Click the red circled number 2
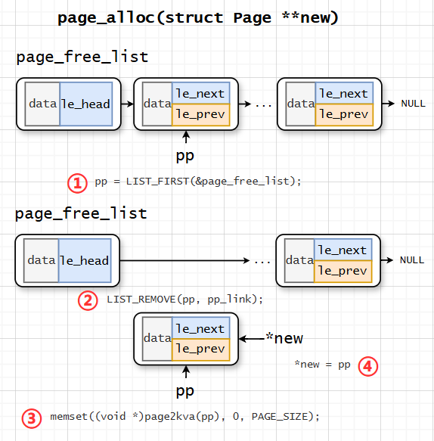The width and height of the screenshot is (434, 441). point(88,300)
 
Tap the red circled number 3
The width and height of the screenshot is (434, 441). point(32,418)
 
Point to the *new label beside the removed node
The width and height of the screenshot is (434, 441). point(284,339)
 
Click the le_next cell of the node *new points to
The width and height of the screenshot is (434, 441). point(200,329)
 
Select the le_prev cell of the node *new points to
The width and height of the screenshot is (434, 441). point(200,349)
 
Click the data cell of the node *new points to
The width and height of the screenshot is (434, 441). point(157,339)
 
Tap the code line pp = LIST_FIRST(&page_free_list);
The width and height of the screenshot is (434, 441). point(198,182)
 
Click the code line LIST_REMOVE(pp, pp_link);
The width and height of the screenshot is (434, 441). point(184,300)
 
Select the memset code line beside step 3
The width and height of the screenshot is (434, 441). point(184,417)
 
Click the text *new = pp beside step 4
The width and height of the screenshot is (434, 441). point(323,365)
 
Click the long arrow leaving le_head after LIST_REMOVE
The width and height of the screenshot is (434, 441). point(181,261)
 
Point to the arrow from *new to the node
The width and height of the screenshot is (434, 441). point(250,339)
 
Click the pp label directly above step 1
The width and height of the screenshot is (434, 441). point(185,156)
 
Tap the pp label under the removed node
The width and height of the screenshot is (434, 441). point(185,391)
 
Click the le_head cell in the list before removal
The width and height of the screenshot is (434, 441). point(85,104)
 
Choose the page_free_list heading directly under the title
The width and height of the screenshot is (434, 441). point(82,57)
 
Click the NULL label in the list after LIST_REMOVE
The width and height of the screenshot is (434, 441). point(412,260)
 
